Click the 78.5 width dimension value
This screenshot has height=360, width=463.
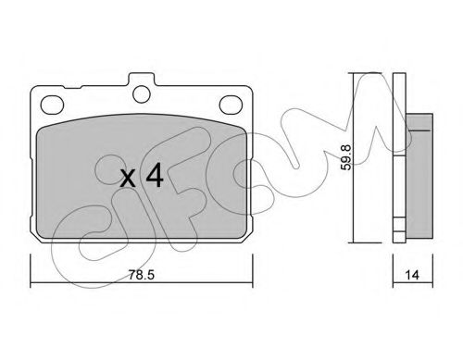pyautogui.click(x=142, y=275)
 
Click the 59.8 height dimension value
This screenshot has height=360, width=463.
pyautogui.click(x=347, y=157)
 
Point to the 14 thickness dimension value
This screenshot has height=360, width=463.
pyautogui.click(x=412, y=275)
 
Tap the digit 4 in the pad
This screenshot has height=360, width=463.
pyautogui.click(x=155, y=175)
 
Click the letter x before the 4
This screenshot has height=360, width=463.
pyautogui.click(x=128, y=179)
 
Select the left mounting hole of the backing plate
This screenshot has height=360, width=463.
pyautogui.click(x=52, y=104)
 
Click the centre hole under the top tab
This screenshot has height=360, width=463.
pyautogui.click(x=142, y=93)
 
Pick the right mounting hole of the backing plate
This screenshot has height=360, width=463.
pyautogui.click(x=231, y=104)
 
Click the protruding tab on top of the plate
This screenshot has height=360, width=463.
pyautogui.click(x=142, y=79)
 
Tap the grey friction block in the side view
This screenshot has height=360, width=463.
pyautogui.click(x=419, y=176)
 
